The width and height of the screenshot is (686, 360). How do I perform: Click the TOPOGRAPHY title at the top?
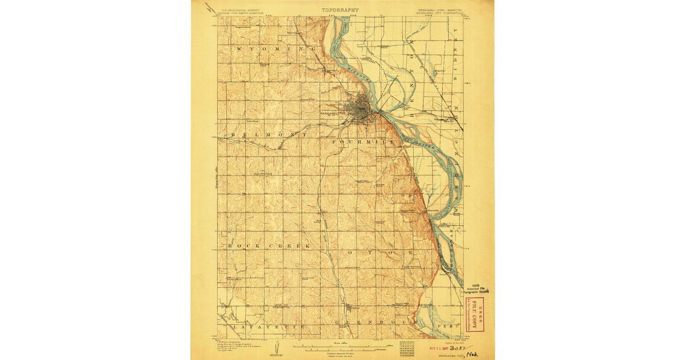pyautogui.click(x=340, y=10)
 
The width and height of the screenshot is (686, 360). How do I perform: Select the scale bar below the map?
pyautogui.click(x=340, y=346)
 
